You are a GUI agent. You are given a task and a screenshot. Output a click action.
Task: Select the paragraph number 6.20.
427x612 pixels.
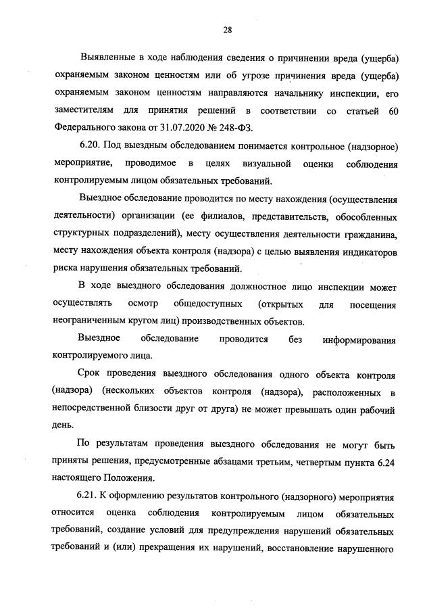coord(89,147)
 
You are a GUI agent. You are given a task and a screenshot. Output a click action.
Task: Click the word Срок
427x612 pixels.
coord(91,375)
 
